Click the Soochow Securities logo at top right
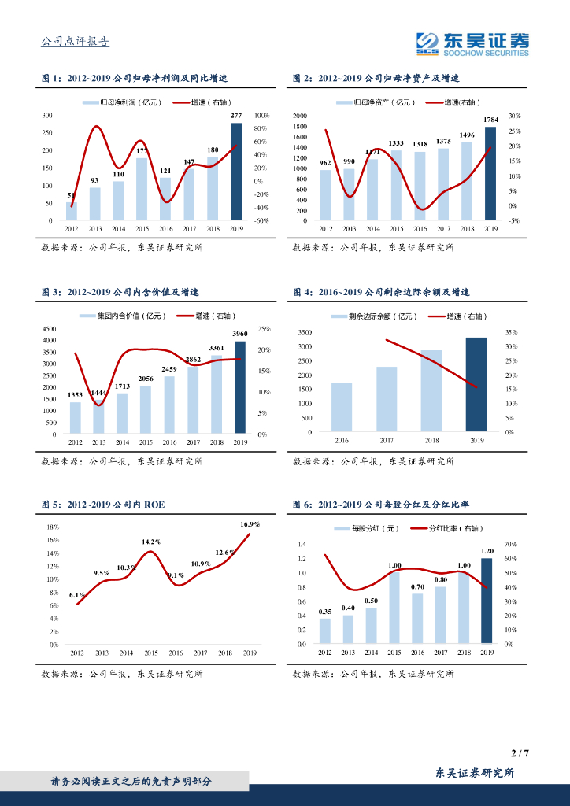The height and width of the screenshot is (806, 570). [472, 43]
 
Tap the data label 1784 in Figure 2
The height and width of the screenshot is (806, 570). [490, 120]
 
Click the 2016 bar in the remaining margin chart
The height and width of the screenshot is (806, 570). [342, 407]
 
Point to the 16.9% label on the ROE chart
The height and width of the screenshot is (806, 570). [250, 523]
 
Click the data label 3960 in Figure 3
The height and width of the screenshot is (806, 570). [240, 334]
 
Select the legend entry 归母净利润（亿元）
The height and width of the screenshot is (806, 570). [120, 102]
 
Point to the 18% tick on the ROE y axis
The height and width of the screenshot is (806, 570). [54, 527]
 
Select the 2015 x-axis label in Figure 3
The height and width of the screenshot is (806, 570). [146, 443]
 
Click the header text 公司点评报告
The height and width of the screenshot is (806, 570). [75, 42]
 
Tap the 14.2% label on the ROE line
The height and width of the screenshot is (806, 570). [151, 542]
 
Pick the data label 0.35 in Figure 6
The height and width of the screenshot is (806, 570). [324, 611]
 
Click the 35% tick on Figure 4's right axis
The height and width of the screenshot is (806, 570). [509, 332]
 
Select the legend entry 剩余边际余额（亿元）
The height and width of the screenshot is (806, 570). [373, 316]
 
